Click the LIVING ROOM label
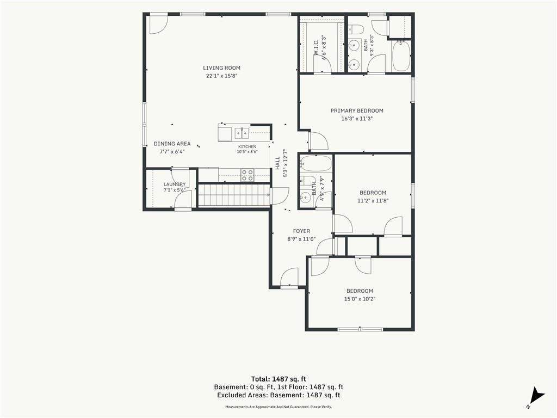pos(222,67)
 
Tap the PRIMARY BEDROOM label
pos(357,110)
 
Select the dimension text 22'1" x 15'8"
pos(221,76)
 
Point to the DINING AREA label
pos(172,144)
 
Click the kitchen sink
pos(242,133)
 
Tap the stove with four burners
pos(247,175)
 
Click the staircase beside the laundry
pos(234,194)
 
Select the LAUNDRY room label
pos(175,184)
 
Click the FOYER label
pos(301,231)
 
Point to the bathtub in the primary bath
pos(401,57)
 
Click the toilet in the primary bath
pos(355,28)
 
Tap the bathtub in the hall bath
pos(315,163)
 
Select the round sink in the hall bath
pos(305,196)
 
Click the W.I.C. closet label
pos(316,47)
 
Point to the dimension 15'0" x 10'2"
pos(360,299)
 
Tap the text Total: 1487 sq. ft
pos(278,379)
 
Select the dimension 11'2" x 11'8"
pos(373,200)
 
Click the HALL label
pos(278,163)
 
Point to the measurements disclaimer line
pos(278,407)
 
